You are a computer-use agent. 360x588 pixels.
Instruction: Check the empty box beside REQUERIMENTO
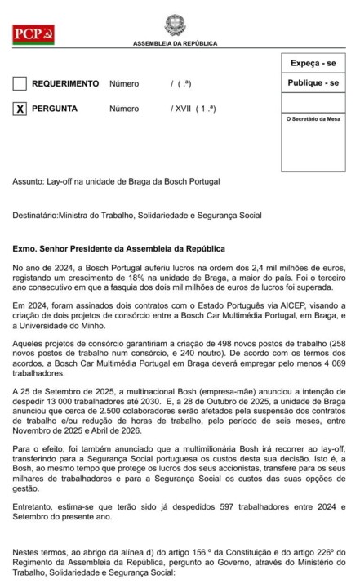[20, 84]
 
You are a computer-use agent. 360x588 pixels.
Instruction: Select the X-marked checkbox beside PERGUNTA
[20, 109]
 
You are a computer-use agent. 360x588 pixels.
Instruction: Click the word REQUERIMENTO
[65, 84]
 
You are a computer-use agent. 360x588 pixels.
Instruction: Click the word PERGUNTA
[55, 109]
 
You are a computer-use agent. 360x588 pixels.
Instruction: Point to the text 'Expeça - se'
[313, 63]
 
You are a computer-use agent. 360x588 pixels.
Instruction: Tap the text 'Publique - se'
[313, 83]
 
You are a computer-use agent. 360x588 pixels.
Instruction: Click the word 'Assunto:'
[29, 181]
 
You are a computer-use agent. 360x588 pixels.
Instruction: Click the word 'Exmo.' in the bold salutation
[26, 247]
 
